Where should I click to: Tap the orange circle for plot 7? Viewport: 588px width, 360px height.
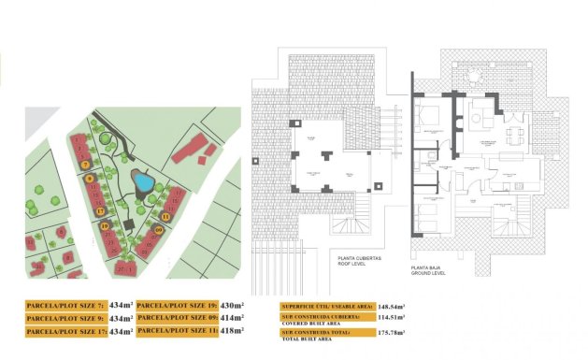tap(84, 165)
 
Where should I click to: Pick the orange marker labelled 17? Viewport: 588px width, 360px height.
tap(100, 211)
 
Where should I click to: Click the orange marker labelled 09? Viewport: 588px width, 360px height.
tap(159, 230)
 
